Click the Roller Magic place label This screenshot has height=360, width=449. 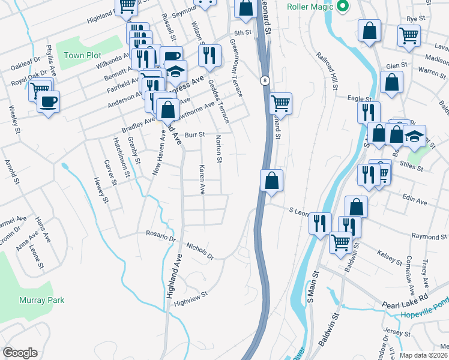310,7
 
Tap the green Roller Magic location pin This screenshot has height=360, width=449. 343,7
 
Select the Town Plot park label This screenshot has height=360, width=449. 82,55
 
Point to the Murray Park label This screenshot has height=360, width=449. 41,299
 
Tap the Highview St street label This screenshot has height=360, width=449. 190,295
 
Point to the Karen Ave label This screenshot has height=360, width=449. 202,180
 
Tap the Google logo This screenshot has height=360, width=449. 20,353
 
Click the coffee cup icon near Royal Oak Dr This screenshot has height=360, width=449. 48,100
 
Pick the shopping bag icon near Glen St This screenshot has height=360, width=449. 391,83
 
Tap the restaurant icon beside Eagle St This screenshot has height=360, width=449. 369,112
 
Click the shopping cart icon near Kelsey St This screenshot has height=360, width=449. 340,242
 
